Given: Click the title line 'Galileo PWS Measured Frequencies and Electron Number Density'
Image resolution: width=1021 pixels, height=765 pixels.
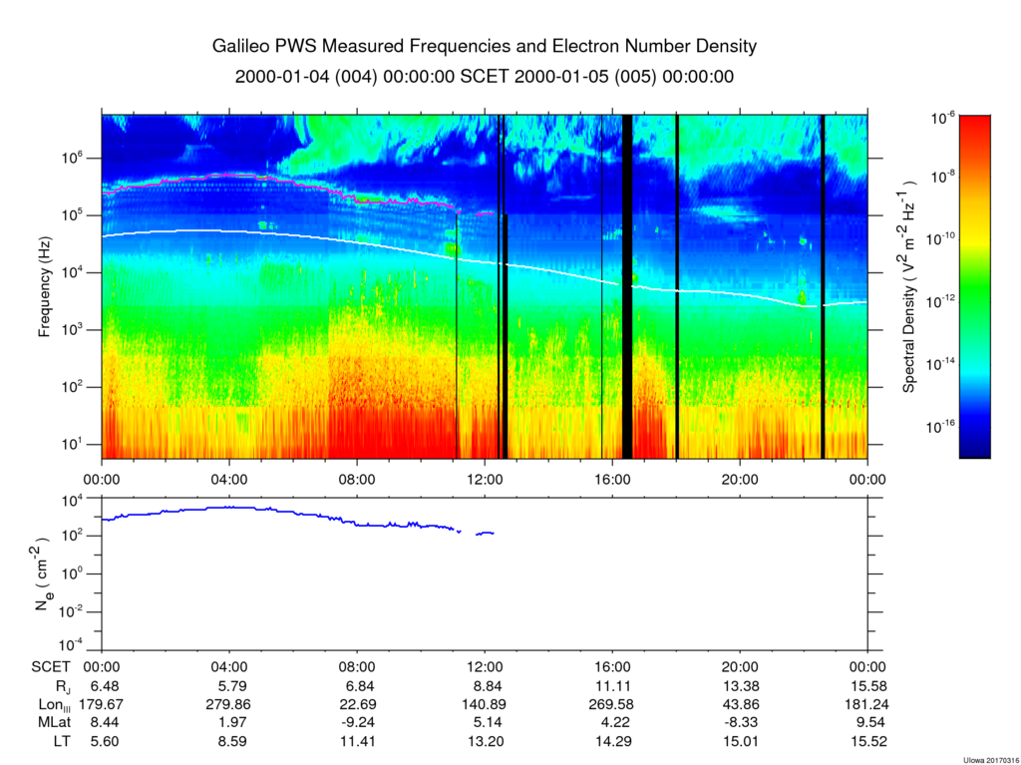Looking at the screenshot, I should click(485, 47).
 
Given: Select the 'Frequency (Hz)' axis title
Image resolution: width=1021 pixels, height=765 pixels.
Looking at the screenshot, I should click(45, 287).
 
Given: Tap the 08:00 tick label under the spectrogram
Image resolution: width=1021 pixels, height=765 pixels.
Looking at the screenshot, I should click(357, 478).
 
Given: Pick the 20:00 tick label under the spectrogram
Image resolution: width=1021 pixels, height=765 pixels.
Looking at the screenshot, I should click(740, 478).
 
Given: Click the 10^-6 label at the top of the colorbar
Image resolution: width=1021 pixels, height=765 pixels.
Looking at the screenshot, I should click(943, 118).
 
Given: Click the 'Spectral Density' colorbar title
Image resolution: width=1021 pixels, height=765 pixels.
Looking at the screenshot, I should click(909, 287).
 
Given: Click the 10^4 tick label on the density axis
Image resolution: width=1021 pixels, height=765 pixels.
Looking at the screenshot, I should click(79, 500).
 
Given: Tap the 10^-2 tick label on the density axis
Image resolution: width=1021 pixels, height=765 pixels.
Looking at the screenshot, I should click(77, 611).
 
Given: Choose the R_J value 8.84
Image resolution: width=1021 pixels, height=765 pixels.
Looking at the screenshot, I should click(485, 686).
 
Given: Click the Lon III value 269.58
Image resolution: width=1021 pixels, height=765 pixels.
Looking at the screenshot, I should click(612, 704).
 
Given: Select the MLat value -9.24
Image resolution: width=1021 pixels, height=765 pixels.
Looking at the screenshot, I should click(357, 722).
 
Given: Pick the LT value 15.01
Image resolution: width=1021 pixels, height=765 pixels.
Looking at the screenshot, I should click(740, 740).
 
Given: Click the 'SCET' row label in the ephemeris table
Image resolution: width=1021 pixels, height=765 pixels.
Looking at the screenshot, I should click(49, 668).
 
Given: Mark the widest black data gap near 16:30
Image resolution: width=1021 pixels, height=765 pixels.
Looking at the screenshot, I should click(627, 287).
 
